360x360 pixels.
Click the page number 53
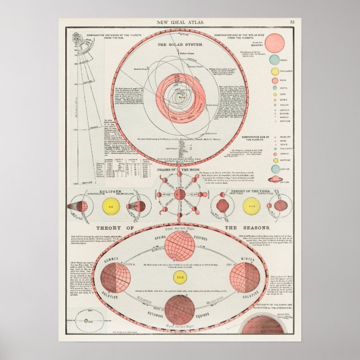(292, 22)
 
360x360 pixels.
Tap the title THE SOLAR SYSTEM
(181, 44)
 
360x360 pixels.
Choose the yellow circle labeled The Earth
(274, 72)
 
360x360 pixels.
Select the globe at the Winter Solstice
(244, 277)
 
